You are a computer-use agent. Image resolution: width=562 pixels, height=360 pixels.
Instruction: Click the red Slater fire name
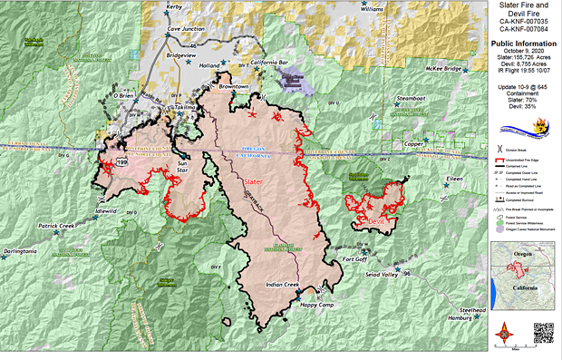[254, 182]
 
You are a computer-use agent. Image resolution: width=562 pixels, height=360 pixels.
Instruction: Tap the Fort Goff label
[360, 261]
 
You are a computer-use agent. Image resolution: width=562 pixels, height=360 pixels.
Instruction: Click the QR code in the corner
[543, 334]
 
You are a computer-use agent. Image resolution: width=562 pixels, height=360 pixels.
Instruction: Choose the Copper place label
[414, 142]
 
